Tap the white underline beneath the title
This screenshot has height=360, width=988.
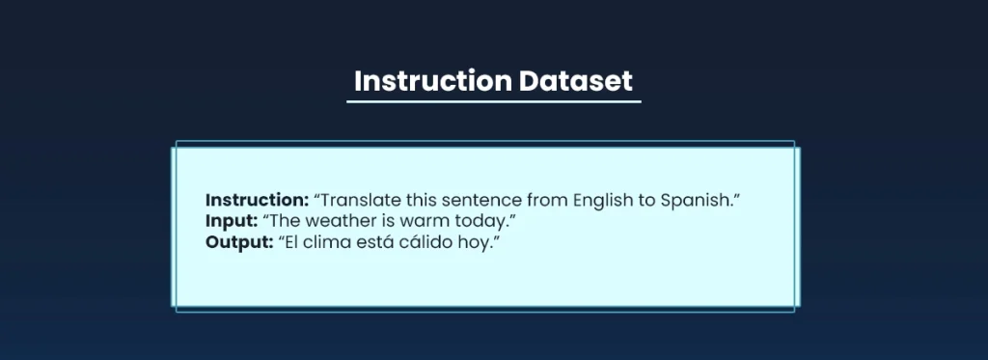pyautogui.click(x=493, y=100)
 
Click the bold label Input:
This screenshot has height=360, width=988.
pyautogui.click(x=231, y=221)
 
